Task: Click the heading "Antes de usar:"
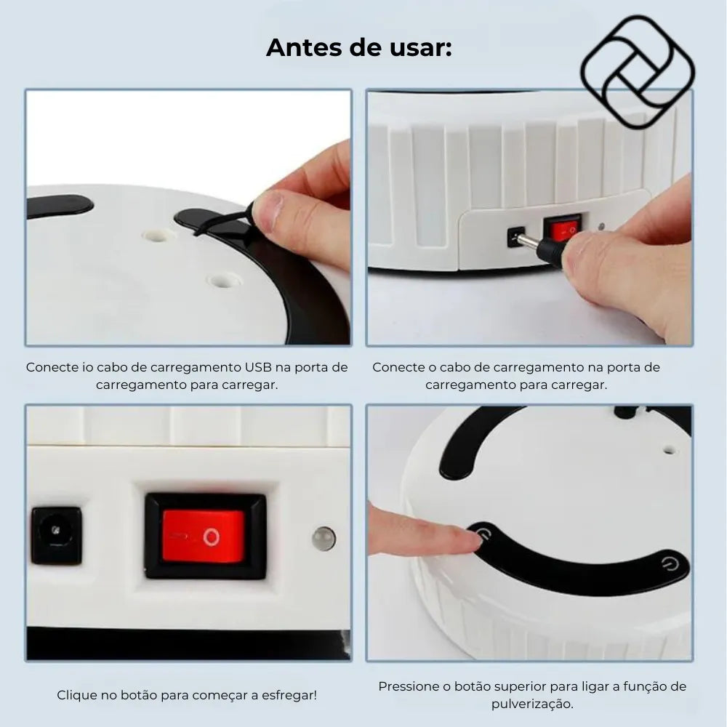point(359,47)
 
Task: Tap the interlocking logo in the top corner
point(638,72)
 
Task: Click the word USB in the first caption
point(258,367)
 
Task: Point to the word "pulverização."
point(532,704)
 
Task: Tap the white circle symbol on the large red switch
point(212,537)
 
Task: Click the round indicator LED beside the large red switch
point(324,538)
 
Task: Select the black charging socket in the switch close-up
point(57,535)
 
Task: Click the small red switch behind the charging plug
point(563,229)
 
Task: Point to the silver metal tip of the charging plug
point(528,241)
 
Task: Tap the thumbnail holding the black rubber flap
point(268,208)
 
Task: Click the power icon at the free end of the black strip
point(670,564)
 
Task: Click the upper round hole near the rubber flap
point(158,236)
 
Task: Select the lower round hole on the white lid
point(224,281)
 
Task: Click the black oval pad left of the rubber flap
point(60,206)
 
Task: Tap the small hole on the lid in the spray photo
point(669,450)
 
